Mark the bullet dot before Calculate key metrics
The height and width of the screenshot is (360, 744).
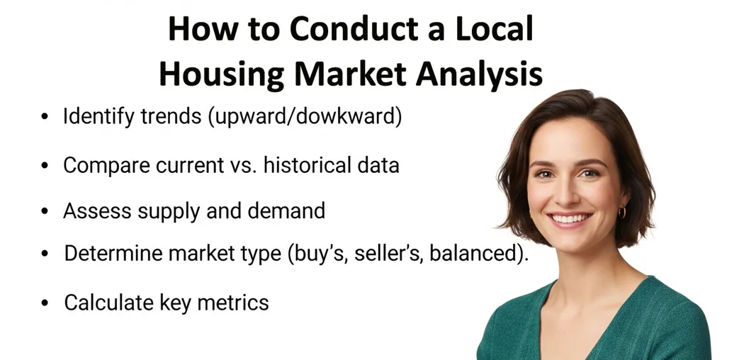pyautogui.click(x=45, y=303)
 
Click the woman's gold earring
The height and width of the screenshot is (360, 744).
pyautogui.click(x=622, y=212)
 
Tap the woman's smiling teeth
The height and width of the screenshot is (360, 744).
pyautogui.click(x=570, y=218)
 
